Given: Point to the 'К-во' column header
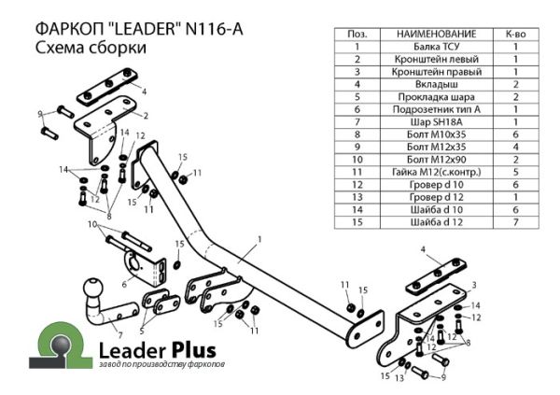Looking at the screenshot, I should pos(515,33).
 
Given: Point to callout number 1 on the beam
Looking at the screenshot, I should pos(259,239).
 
